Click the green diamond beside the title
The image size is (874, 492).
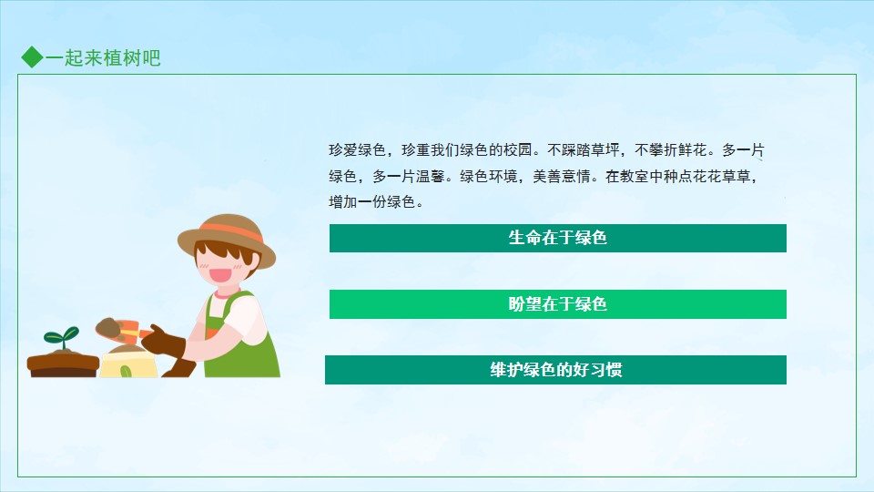[x=33, y=56]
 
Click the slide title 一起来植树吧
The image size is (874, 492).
[x=103, y=57]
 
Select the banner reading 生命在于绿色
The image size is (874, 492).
[x=557, y=238]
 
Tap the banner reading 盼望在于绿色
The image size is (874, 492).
[x=557, y=304]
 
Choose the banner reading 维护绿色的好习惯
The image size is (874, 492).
[x=555, y=370]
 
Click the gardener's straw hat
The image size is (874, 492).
[x=227, y=237]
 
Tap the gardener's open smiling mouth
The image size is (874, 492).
[x=218, y=275]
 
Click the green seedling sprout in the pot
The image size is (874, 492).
[x=62, y=337]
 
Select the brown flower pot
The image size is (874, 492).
[x=63, y=364]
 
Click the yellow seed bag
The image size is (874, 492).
[x=128, y=363]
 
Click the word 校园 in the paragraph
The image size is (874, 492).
[x=518, y=150]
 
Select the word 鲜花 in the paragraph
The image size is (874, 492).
[x=693, y=150]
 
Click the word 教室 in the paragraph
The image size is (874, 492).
[x=635, y=176]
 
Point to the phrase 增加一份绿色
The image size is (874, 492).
[x=371, y=202]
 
